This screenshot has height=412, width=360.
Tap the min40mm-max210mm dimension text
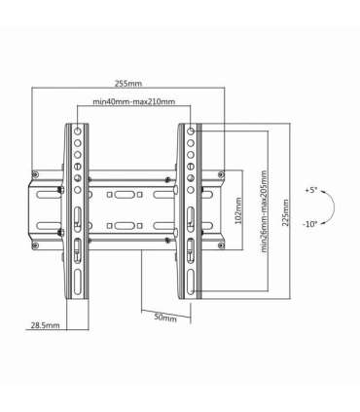[134, 101]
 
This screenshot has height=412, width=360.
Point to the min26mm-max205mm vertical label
[265, 214]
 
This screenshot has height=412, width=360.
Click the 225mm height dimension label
[285, 213]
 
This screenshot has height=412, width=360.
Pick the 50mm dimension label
[165, 318]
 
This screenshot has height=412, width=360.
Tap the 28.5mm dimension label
[44, 324]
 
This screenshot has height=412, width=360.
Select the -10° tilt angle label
[310, 223]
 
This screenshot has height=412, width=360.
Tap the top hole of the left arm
[77, 130]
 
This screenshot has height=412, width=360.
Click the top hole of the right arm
[191, 130]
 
